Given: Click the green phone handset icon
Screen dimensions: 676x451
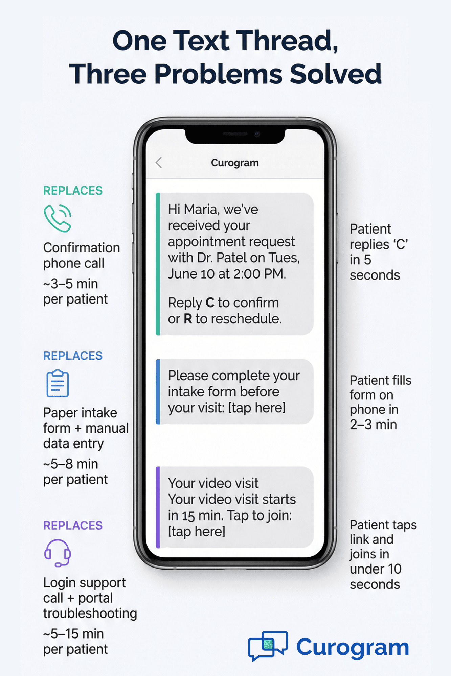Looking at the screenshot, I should [x=58, y=218].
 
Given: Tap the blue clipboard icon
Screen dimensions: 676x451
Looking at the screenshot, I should [x=58, y=384].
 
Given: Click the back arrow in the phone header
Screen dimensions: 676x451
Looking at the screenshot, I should [x=159, y=163].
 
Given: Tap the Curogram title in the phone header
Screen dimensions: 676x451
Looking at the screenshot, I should [x=235, y=163].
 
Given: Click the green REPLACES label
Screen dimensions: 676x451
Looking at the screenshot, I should [x=73, y=191].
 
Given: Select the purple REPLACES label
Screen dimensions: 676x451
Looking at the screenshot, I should [x=73, y=525].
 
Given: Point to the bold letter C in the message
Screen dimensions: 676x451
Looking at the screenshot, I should [x=210, y=303].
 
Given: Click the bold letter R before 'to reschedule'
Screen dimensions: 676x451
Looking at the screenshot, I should [x=188, y=319].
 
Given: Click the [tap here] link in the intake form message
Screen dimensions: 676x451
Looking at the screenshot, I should [x=257, y=408].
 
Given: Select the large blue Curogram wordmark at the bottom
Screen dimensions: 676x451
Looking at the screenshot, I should [x=352, y=647].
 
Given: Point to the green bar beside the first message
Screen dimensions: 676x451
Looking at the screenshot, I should [x=158, y=264].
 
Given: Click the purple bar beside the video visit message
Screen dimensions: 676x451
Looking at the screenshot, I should [x=158, y=507].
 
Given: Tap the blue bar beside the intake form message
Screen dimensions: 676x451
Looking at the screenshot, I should [x=158, y=391].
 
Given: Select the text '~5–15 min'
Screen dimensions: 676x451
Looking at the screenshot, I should [x=73, y=634].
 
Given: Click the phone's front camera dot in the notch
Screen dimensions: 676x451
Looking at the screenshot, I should [x=257, y=134].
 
